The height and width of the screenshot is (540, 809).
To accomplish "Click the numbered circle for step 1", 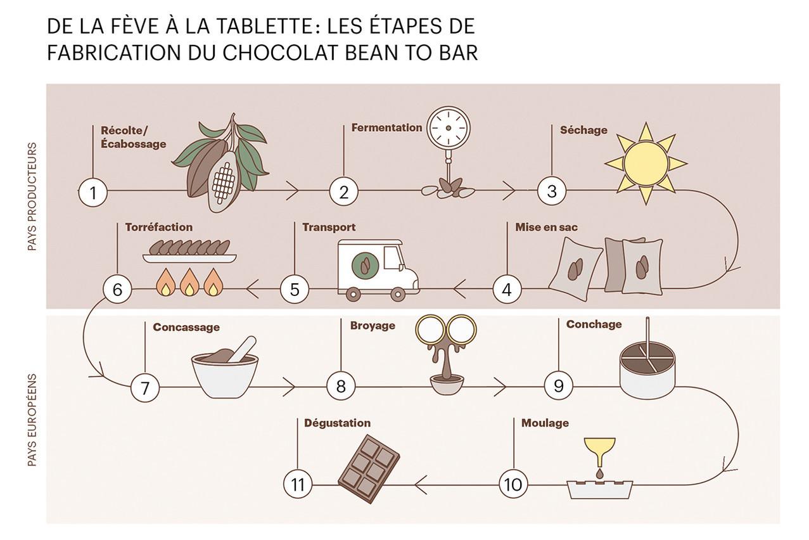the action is (x=93, y=192).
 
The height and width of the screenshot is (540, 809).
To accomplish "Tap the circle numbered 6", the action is (x=117, y=289).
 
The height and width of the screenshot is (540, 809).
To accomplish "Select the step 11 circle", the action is (x=298, y=484).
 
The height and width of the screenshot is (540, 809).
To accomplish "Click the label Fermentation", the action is (x=386, y=127).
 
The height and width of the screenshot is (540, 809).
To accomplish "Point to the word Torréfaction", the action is (x=159, y=227).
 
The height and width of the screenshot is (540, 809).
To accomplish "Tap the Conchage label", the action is (x=594, y=325).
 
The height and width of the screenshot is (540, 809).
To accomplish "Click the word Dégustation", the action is (x=337, y=423).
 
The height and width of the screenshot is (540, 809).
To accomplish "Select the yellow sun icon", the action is (x=646, y=164).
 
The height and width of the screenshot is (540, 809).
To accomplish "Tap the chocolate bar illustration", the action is (x=369, y=469).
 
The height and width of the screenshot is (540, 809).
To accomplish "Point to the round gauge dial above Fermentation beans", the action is (x=448, y=128).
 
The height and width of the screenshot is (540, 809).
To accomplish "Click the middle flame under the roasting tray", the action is (x=189, y=282).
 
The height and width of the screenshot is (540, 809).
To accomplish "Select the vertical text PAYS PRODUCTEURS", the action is (x=32, y=196).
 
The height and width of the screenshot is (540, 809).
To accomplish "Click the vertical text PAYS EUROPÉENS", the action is (x=32, y=420).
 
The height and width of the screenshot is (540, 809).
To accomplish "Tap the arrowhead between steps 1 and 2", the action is (x=293, y=190).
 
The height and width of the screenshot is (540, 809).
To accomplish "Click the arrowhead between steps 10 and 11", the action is (x=421, y=484).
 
